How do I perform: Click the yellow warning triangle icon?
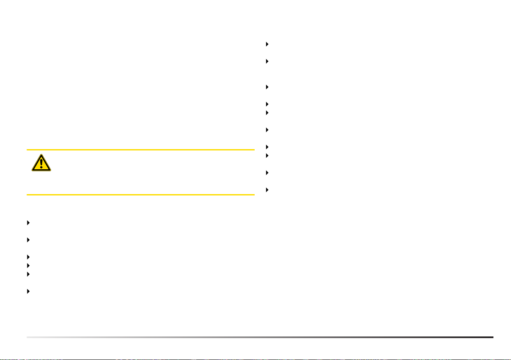[41, 163]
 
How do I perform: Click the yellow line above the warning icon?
[141, 150]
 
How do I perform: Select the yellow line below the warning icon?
[141, 195]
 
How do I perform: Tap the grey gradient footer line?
[260, 337]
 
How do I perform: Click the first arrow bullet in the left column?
[28, 223]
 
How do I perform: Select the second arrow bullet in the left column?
[28, 240]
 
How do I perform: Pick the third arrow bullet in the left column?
[28, 257]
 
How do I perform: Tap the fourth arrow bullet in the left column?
[28, 266]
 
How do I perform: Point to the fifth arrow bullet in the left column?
[28, 274]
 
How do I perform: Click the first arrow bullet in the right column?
[267, 44]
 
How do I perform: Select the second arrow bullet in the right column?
[267, 61]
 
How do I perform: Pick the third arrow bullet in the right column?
[267, 87]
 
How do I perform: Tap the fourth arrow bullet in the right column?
[267, 104]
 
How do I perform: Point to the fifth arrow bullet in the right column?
[267, 113]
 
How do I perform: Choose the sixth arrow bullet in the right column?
[267, 129]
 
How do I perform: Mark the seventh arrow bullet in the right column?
[267, 147]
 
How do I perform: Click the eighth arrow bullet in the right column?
[267, 155]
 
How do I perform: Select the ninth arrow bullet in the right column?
[267, 173]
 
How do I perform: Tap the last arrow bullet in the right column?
[267, 189]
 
